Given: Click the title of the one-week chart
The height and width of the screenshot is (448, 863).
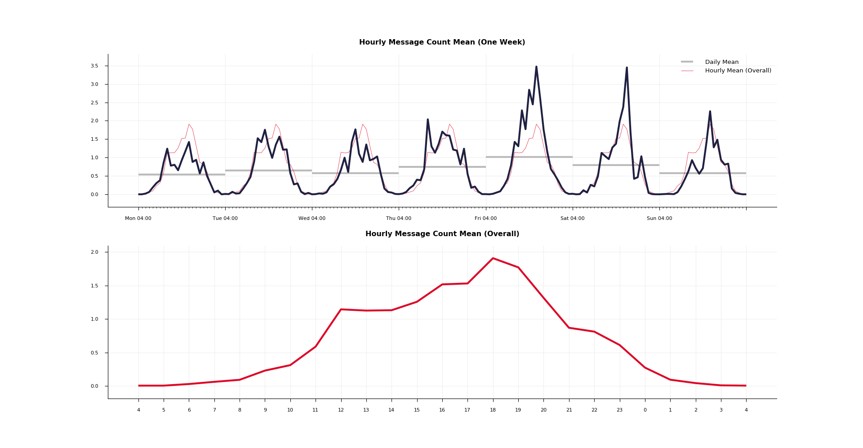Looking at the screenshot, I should coord(442,42).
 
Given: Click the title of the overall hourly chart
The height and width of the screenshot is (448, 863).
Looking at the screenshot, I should coord(442,234).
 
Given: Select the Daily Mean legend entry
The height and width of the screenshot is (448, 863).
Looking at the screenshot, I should coord(721,62).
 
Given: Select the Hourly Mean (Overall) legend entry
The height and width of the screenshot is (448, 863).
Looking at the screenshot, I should coord(738,71).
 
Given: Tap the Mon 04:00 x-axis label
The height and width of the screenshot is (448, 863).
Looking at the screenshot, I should coord(138,219).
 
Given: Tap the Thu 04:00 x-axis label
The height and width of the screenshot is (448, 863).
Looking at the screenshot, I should coord(399,219).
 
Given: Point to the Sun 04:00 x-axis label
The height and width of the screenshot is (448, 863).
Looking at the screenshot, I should coord(659,219).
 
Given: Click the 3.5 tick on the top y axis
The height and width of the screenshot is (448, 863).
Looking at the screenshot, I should coord(94,66).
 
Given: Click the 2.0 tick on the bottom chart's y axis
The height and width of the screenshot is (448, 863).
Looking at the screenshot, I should coord(94,252).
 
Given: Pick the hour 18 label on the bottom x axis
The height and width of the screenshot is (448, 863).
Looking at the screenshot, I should coord(493,410).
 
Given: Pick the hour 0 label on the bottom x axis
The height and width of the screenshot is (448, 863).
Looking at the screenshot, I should coord(645,410).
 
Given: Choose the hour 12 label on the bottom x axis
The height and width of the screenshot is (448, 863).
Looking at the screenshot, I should coord(341,410).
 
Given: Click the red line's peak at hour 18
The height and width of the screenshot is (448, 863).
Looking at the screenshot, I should coord(493,258).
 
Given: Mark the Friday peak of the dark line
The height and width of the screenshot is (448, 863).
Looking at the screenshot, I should coord(536,67).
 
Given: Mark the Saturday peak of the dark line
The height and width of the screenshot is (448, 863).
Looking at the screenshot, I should coord(627,68).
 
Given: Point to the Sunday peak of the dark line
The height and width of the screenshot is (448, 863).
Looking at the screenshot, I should coord(710,111).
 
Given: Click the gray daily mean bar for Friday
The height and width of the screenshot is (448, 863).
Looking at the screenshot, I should coord(529,157).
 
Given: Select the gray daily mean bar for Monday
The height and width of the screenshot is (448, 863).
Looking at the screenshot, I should coord(182,175).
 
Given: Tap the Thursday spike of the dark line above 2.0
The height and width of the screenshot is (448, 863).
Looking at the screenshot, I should coord(428,120).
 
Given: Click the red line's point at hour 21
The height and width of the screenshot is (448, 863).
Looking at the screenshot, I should coord(569,327).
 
